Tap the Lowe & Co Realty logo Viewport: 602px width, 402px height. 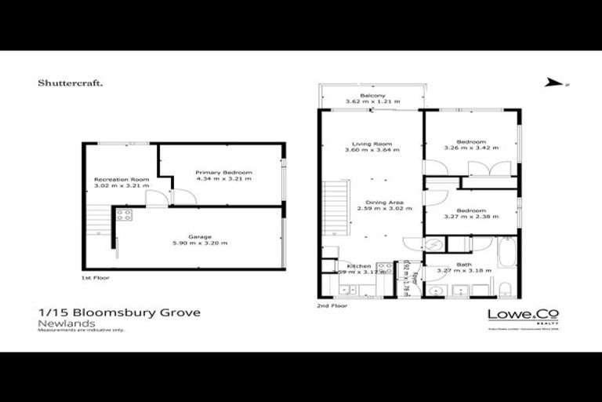coord(523,316)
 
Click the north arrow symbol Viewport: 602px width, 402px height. coord(554,82)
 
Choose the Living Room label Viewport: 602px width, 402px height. coord(372,144)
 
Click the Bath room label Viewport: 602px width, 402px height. coord(466,265)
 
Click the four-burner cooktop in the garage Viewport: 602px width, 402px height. coord(125,214)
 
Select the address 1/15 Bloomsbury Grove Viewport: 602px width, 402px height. coord(118,312)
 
